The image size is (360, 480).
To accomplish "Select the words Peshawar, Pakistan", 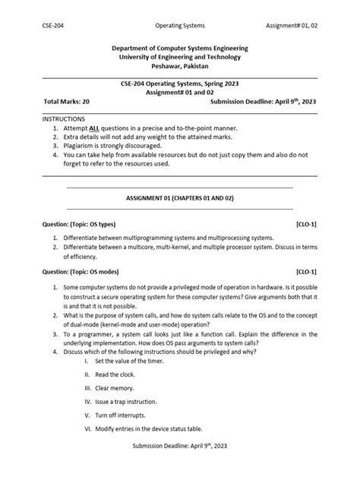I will (x=179, y=66).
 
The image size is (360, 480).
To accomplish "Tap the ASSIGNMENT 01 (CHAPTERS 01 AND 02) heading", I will (x=179, y=197).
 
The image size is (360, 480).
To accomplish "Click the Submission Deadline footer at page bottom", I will (x=179, y=464).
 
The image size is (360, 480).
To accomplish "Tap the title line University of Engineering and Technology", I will (x=179, y=57).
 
